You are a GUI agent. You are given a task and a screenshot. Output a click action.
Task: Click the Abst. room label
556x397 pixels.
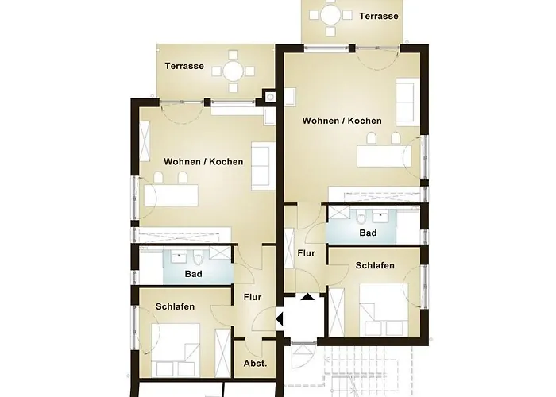pos(255,363)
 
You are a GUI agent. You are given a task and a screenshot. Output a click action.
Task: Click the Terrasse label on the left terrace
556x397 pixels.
pos(184,67)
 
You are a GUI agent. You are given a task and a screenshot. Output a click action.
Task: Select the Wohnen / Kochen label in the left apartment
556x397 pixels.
pos(203,161)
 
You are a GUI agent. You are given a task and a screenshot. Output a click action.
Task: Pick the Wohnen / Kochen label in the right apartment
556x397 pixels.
pos(342,121)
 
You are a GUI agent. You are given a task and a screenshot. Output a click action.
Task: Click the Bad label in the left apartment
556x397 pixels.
pos(193,274)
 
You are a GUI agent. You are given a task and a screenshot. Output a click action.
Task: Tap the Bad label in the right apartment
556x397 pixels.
pos(368,233)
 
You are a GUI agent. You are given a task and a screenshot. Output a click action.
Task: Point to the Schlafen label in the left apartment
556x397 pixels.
pos(176,306)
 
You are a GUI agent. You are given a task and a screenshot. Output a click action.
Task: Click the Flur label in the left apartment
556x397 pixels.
pos(253,298)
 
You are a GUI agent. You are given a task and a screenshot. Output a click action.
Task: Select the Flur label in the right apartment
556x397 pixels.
pos(307,253)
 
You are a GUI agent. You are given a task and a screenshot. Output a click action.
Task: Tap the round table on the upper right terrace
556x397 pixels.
pos(328,16)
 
